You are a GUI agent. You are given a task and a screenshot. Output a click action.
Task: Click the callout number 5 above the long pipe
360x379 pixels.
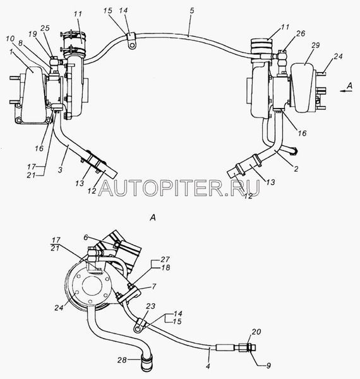(192, 11)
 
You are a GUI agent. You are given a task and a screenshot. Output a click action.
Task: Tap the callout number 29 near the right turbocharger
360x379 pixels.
(315, 45)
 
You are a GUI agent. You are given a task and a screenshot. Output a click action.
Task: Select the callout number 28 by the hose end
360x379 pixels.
(123, 359)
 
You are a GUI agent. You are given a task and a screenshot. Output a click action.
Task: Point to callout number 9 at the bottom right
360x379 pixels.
(268, 366)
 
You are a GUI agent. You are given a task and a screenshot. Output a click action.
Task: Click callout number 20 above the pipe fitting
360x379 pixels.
(256, 332)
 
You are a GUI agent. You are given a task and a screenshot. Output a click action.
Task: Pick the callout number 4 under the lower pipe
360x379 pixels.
(208, 366)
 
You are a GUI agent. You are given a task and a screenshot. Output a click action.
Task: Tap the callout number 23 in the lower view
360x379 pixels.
(150, 306)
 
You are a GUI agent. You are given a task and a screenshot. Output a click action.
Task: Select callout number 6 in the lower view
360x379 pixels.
(86, 238)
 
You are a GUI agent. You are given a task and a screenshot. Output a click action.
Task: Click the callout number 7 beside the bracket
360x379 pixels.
(153, 286)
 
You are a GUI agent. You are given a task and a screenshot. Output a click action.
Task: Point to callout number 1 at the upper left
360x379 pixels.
(11, 52)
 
